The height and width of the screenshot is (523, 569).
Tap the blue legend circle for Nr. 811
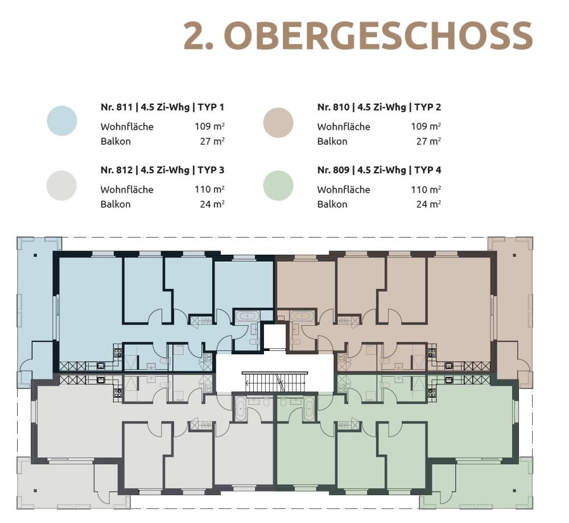(62, 121)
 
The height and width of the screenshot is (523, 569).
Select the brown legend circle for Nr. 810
(278, 122)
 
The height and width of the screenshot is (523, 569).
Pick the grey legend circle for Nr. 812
(62, 186)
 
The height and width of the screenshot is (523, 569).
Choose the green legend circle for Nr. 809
(278, 186)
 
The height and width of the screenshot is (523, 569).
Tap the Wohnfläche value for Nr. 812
(209, 189)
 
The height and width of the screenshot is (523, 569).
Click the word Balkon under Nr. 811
(116, 141)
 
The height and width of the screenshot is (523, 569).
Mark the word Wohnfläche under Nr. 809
(344, 189)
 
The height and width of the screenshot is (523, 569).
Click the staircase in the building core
(274, 382)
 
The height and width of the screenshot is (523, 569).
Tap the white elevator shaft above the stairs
(274, 337)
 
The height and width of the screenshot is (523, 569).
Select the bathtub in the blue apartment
(246, 316)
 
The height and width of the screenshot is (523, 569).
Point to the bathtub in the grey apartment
(240, 409)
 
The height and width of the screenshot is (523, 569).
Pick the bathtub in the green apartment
(309, 409)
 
